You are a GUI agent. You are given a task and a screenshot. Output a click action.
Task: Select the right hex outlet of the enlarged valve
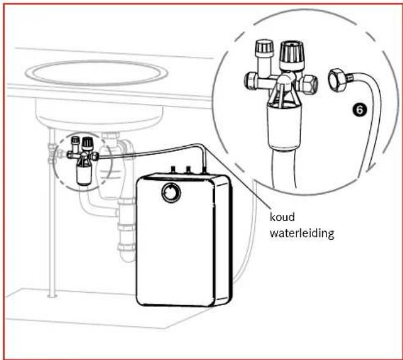point(310,83)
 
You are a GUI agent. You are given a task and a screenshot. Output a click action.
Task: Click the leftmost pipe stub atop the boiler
point(174,169)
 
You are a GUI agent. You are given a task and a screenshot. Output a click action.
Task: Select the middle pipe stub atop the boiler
point(188,169)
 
